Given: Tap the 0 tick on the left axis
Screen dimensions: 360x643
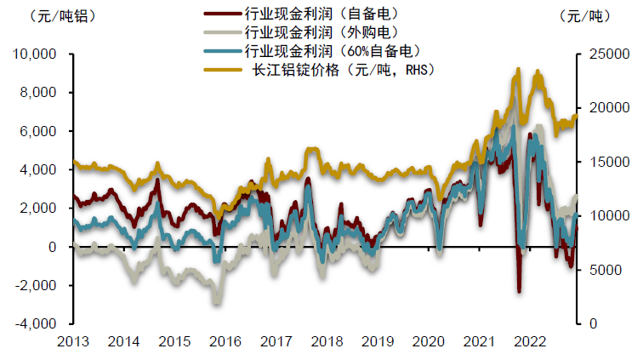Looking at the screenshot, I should pos(52,247).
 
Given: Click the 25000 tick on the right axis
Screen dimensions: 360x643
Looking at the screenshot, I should pos(607,54).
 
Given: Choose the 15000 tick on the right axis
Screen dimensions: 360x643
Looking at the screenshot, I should pos(607,162).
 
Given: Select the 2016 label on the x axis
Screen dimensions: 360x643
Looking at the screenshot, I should pos(225,341).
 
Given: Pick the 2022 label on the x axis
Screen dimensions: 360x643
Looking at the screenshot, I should pos(529,341).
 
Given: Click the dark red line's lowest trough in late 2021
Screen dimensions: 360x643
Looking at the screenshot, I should pos(519,292).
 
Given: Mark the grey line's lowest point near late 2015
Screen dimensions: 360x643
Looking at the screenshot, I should pos(217,303).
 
